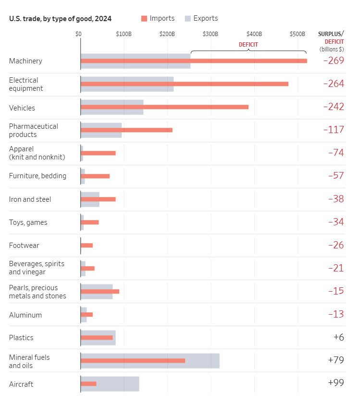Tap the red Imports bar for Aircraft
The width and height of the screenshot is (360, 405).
coord(88,383)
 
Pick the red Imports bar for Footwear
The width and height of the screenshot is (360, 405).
coord(87,245)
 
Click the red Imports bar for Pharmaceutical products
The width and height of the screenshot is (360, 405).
coord(126,130)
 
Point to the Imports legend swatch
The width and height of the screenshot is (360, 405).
coord(144,19)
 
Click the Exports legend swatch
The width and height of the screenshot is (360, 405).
coord(188,19)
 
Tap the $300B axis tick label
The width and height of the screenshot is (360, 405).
coord(211,34)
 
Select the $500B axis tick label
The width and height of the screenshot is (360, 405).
coord(298,34)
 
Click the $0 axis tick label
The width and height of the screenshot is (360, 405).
coord(78,34)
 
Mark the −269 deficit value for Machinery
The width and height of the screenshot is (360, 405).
coord(334,61)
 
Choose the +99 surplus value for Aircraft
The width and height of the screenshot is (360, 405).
coord(336,382)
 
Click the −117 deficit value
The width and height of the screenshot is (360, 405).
coord(334,130)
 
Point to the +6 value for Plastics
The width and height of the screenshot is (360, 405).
coord(338,337)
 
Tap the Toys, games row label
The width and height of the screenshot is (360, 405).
coord(28,222)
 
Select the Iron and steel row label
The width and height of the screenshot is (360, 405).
coord(30,199)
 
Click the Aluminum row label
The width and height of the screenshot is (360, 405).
coord(25,315)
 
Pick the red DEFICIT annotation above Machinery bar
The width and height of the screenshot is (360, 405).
coord(248,45)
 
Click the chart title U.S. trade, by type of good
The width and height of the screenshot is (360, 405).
coord(60,19)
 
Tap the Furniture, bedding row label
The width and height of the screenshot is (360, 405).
coord(37,176)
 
